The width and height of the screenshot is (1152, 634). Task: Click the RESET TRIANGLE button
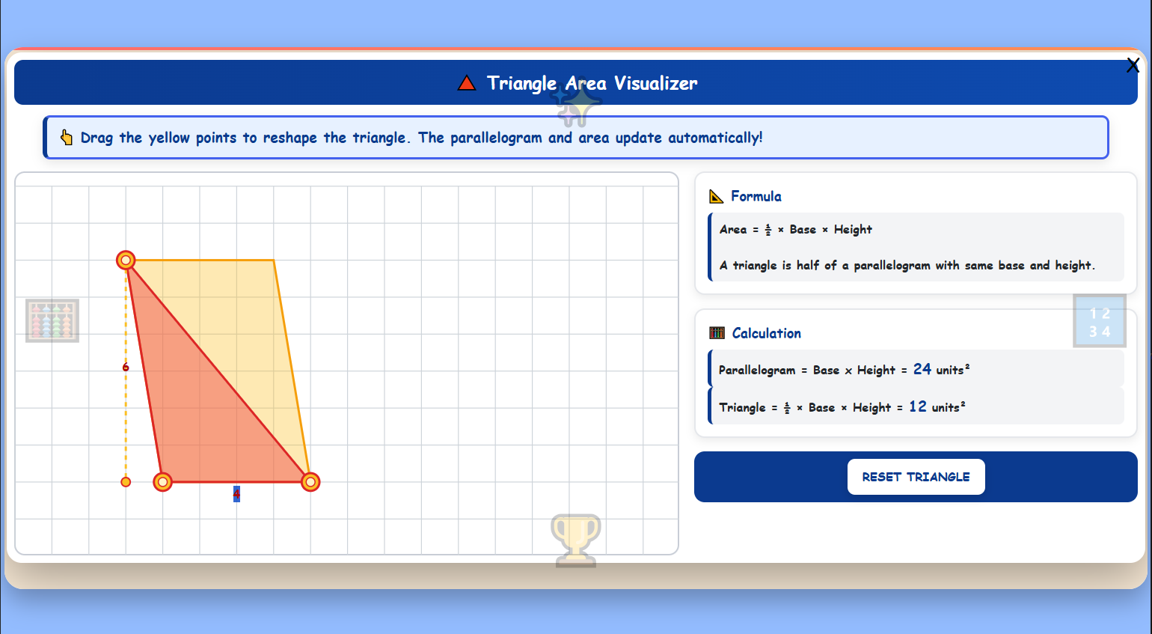pos(916,477)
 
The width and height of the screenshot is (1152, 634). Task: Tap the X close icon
pos(1133,66)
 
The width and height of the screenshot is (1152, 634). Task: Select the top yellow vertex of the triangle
pos(126,260)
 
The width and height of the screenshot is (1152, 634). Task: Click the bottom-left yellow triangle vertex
pos(162,482)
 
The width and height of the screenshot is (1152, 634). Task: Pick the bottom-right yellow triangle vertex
pos(310,482)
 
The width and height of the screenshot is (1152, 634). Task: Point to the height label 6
pos(126,368)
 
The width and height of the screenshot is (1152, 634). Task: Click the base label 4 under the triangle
pos(236,494)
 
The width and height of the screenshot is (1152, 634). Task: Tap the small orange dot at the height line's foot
pos(126,482)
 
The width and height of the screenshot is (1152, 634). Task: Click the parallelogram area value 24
pos(922,369)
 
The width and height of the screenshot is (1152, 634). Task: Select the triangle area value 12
pos(918,406)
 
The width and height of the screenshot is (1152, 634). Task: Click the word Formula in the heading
pos(756,196)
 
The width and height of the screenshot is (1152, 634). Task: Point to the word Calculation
pos(766,333)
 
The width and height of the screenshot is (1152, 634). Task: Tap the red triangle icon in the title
pos(467,83)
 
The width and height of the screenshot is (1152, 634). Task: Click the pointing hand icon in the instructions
pos(67,138)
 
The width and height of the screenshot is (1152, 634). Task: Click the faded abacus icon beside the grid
pos(52,320)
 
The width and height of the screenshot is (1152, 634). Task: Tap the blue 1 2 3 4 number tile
pos(1099,322)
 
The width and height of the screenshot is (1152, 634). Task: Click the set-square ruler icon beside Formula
pos(716,196)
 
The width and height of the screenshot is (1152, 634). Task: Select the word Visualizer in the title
pos(655,83)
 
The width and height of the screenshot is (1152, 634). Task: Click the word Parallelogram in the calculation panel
pos(757,370)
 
